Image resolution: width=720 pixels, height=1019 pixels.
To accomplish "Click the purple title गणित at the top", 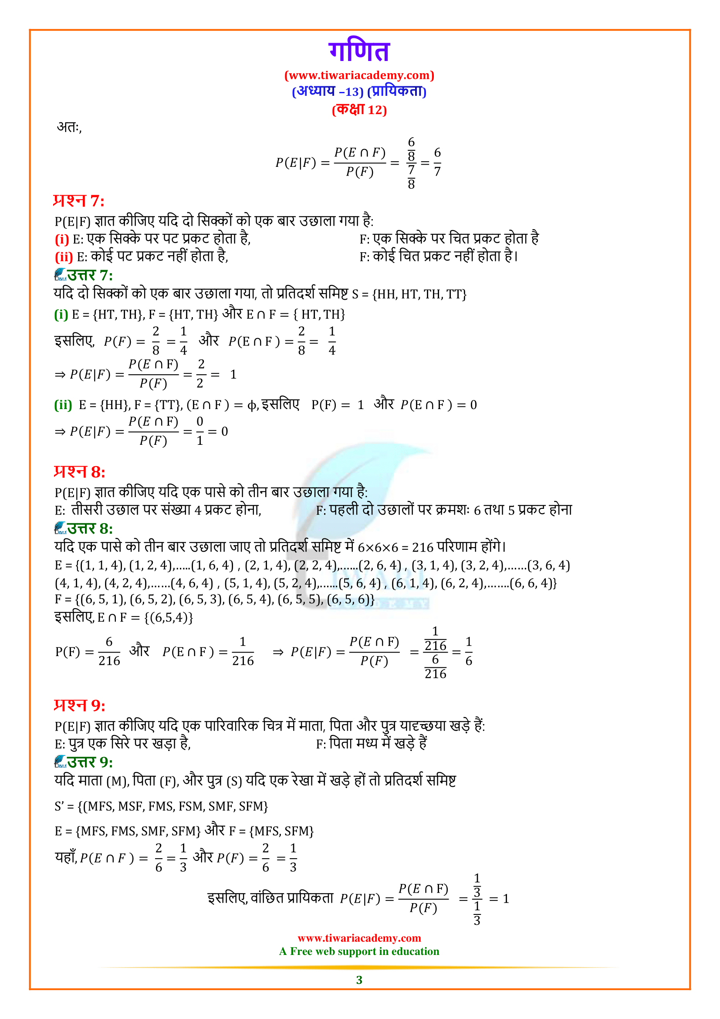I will [x=359, y=51].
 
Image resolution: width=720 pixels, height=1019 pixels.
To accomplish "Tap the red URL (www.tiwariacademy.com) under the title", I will [x=359, y=75].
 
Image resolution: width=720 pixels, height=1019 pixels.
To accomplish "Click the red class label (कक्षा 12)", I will [x=359, y=110].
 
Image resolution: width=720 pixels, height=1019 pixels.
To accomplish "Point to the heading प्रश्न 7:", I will [x=78, y=201].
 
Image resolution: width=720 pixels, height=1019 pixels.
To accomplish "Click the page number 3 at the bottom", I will [x=359, y=979].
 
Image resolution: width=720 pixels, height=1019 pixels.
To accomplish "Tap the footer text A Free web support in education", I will [x=359, y=951].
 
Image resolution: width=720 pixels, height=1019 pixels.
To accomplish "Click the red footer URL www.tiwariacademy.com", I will [x=359, y=938].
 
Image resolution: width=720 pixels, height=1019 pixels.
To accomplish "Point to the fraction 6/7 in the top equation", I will [x=437, y=162].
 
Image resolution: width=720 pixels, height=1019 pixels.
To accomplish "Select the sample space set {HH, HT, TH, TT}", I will [x=419, y=294].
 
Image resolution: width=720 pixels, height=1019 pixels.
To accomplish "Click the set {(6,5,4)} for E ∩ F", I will [x=169, y=618].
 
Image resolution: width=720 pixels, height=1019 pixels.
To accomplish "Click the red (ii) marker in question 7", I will [x=64, y=257].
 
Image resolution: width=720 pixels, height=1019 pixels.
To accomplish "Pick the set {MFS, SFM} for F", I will [x=281, y=831].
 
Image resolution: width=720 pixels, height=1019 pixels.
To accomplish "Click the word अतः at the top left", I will [x=69, y=127].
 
